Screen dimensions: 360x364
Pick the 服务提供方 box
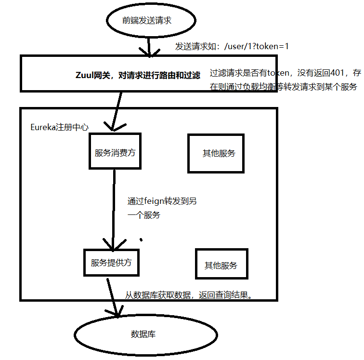coord(111,263)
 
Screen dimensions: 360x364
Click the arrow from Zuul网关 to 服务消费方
coord(115,111)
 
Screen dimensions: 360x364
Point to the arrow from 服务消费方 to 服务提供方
coord(114,207)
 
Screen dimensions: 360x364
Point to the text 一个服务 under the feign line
coord(143,215)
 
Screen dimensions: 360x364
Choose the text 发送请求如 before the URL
coord(194,47)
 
